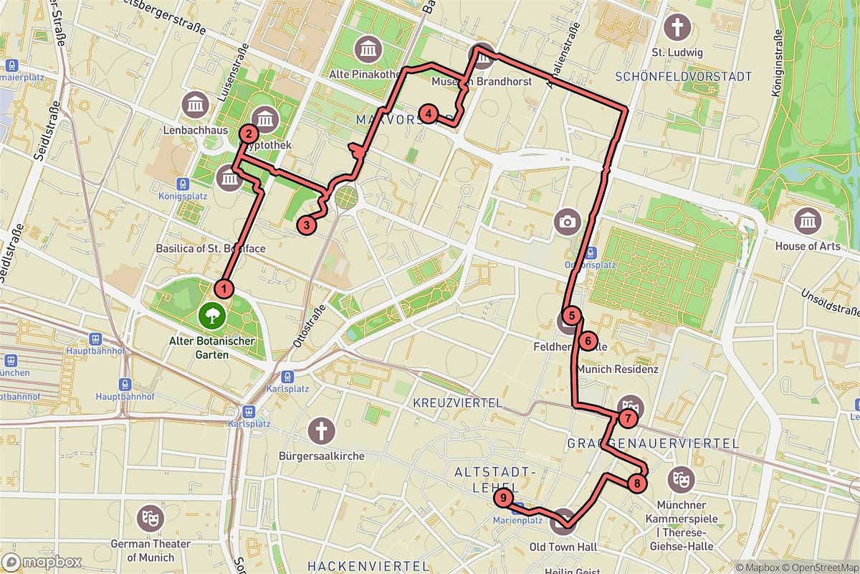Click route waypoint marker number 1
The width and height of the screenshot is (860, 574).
[x=225, y=289]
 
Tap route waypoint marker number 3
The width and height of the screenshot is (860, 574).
[x=306, y=225]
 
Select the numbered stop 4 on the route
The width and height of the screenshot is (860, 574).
[x=428, y=113]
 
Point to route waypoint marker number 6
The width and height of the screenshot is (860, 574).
[x=587, y=341]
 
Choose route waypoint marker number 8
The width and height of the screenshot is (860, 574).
[x=636, y=484]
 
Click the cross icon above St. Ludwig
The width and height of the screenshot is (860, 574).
[x=677, y=28]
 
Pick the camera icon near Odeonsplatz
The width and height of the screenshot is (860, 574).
[x=568, y=221]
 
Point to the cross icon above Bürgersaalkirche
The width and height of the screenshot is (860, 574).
[x=322, y=431]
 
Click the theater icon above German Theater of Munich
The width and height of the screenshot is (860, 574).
[x=150, y=515]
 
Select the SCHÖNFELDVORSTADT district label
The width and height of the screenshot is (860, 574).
[x=684, y=77]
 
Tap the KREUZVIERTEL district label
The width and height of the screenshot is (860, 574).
[x=457, y=403]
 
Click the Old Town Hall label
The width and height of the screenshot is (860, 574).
[x=563, y=547]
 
